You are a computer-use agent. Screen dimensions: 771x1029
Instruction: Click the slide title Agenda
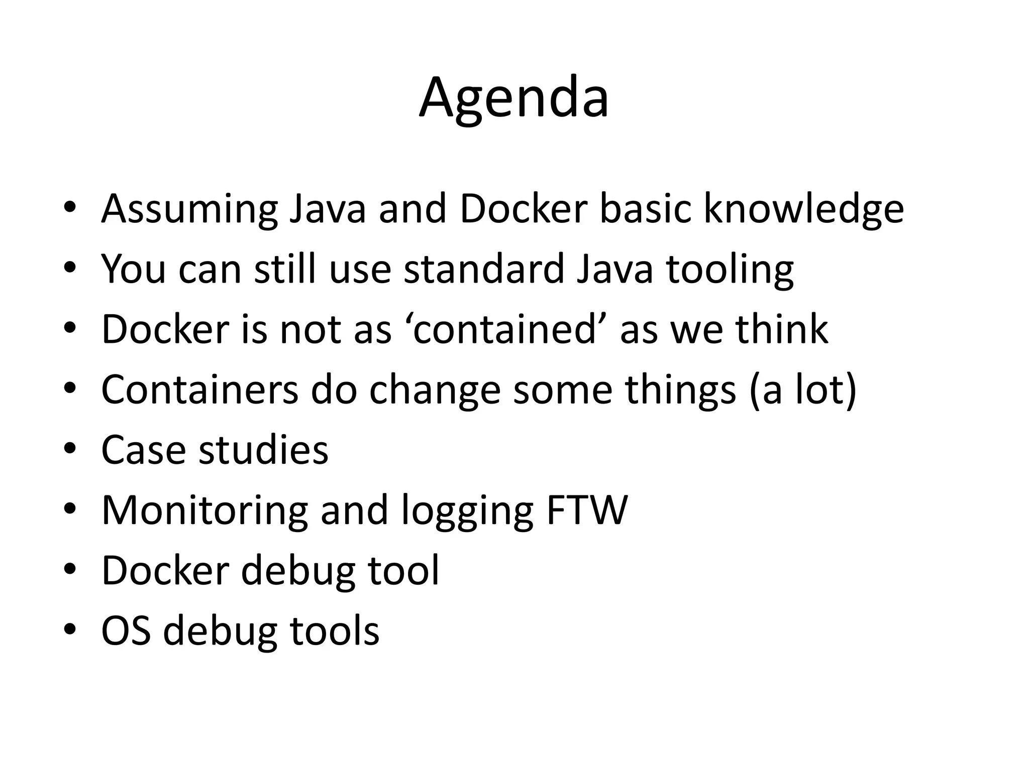(514, 98)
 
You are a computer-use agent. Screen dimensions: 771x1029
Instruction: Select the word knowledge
(803, 209)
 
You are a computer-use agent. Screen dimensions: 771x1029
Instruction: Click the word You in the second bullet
(133, 270)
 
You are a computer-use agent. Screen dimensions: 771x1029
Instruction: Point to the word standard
(483, 270)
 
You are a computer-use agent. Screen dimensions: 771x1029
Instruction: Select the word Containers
(200, 390)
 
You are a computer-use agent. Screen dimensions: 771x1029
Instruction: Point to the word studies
(263, 450)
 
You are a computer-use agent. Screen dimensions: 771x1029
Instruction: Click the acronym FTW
(586, 510)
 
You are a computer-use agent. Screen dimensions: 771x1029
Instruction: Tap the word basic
(646, 209)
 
